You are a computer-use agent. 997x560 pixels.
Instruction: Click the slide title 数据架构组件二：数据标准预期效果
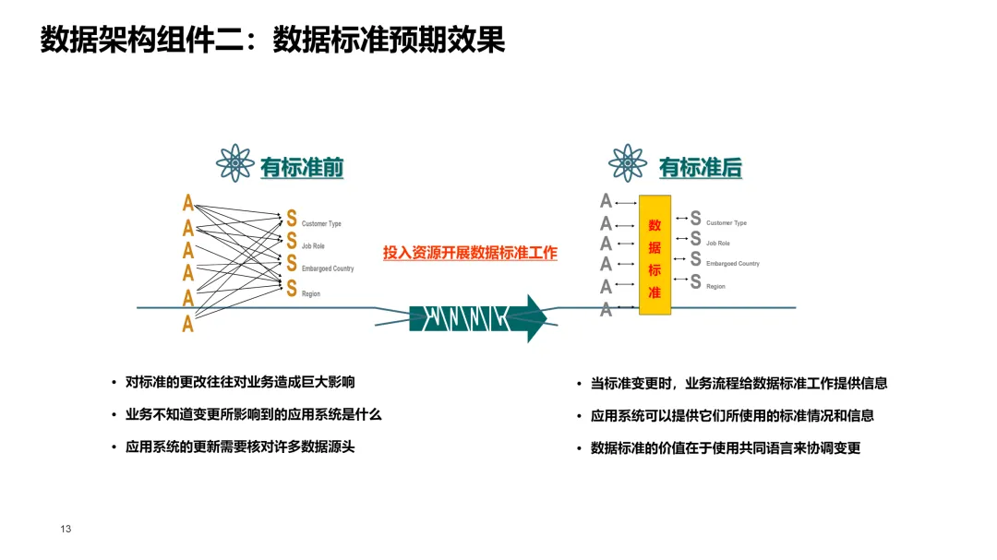coord(273,41)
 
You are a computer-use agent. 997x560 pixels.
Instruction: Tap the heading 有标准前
coord(302,167)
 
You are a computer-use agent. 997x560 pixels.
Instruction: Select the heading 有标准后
coord(700,167)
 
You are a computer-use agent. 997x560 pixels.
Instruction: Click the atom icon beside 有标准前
coord(234,163)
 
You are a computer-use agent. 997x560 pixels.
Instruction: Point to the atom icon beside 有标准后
coord(628,163)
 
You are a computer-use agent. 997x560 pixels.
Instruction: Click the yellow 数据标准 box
coord(655,256)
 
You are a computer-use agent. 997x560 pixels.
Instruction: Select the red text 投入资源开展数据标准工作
coord(470,253)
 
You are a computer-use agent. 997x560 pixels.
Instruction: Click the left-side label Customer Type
coord(321,224)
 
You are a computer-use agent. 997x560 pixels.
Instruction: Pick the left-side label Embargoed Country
coord(328,268)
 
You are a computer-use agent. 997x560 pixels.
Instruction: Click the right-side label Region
coord(715,287)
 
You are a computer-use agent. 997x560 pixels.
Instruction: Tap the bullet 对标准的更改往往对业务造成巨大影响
coord(240,382)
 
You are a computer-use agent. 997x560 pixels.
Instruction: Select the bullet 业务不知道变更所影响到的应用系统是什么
coord(253,414)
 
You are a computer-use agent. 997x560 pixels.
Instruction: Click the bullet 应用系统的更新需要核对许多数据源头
coord(240,447)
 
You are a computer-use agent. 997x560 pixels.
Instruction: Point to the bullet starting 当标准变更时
coord(739,383)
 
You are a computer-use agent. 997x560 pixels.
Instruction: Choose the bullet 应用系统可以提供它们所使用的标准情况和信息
coord(732,415)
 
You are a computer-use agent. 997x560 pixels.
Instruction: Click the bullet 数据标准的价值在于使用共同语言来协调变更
coord(726,447)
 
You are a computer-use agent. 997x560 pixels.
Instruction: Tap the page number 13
coord(66,529)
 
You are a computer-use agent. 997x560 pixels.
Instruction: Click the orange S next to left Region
coord(292,289)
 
